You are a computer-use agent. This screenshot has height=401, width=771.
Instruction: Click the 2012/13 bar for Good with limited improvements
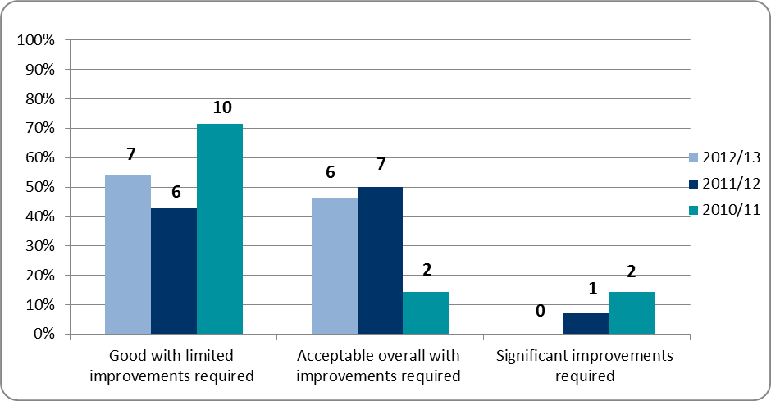tap(127, 255)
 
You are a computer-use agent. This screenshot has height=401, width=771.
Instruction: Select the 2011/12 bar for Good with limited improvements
tap(173, 271)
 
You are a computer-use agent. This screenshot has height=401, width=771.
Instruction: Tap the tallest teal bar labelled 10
tap(219, 229)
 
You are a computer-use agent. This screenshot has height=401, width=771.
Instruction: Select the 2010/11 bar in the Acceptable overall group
tap(426, 313)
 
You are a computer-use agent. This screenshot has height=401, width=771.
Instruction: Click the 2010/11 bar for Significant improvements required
tap(632, 313)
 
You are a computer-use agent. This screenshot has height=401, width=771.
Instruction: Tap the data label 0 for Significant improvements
tap(541, 312)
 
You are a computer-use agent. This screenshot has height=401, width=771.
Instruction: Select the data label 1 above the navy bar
tap(592, 289)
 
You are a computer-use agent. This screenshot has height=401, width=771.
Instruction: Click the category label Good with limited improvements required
tap(172, 367)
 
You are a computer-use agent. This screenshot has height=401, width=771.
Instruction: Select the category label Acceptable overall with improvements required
tap(378, 367)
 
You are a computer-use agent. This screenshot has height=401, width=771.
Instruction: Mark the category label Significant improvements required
tap(585, 367)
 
